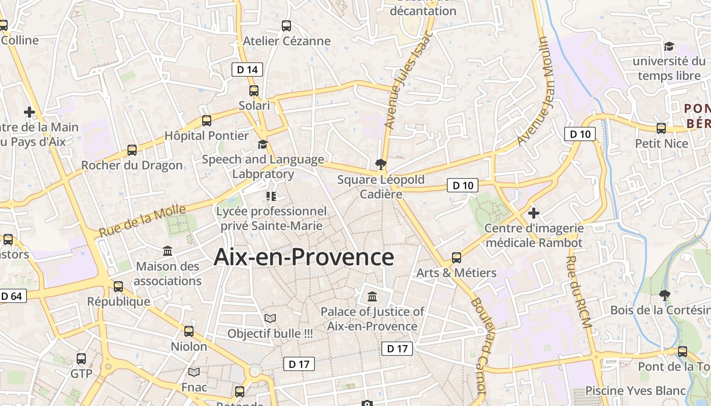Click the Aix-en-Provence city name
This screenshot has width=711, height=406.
[304, 257]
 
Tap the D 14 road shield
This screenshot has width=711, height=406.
[247, 70]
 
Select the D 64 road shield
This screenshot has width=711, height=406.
[12, 296]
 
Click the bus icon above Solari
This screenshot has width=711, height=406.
[254, 91]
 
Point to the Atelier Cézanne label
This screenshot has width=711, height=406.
[287, 41]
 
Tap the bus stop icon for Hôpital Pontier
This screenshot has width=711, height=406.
[207, 121]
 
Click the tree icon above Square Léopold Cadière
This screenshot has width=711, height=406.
[380, 164]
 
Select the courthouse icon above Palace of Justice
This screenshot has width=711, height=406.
[372, 296]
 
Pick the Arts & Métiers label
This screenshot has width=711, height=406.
[457, 273]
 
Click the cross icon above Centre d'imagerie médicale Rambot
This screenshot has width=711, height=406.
[534, 213]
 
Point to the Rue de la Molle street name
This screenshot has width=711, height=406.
[142, 221]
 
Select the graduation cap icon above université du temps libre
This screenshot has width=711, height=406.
[669, 47]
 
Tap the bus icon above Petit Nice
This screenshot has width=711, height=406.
[661, 128]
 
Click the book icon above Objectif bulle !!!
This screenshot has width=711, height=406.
[270, 318]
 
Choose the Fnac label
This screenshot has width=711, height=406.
[195, 387]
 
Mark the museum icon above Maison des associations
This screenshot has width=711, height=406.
[168, 251]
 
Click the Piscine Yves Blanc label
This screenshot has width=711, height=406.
[636, 391]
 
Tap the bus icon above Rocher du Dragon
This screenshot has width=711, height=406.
[132, 150]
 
